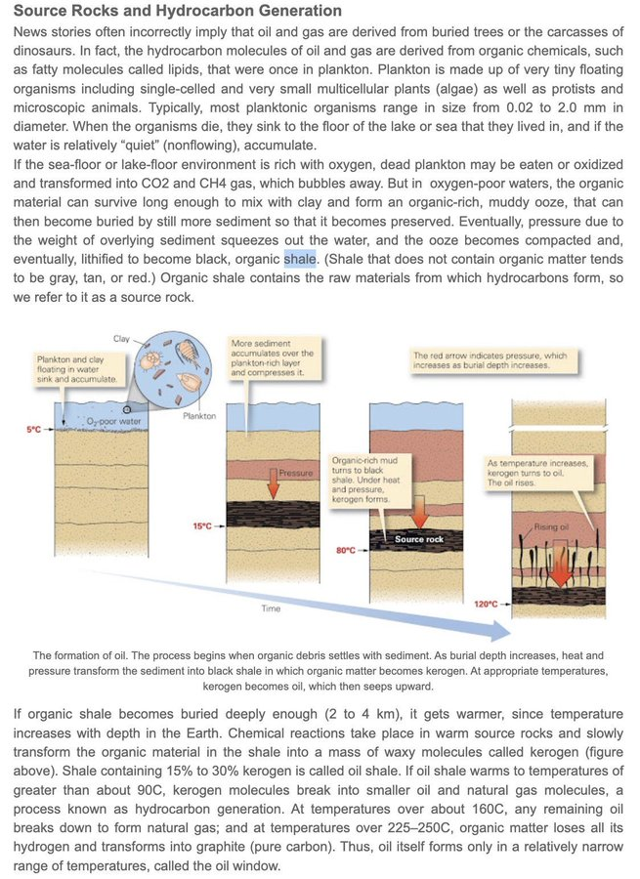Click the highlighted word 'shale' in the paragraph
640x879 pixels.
(x=299, y=259)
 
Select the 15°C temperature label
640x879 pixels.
(x=201, y=526)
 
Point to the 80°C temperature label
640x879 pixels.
(x=345, y=550)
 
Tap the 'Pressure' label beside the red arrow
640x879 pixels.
(x=296, y=473)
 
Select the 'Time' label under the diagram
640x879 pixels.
(x=271, y=608)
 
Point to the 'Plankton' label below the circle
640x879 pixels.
(x=200, y=415)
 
